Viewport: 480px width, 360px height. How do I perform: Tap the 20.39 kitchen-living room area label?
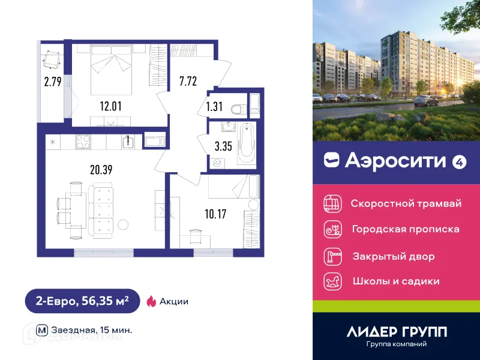coord(101,170)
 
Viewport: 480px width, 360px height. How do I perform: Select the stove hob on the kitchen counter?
coord(82,142)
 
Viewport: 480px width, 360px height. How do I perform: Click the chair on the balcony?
coord(51,60)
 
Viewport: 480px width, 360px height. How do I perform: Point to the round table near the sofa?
coord(123,226)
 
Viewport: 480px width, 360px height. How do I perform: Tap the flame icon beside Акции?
coord(151,301)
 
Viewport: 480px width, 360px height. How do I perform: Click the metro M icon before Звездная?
coord(42,329)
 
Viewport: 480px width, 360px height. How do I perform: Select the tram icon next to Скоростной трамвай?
coord(332,203)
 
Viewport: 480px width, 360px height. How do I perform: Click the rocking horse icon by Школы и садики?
coord(332,281)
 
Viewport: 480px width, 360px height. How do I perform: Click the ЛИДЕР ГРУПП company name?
coord(397,331)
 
